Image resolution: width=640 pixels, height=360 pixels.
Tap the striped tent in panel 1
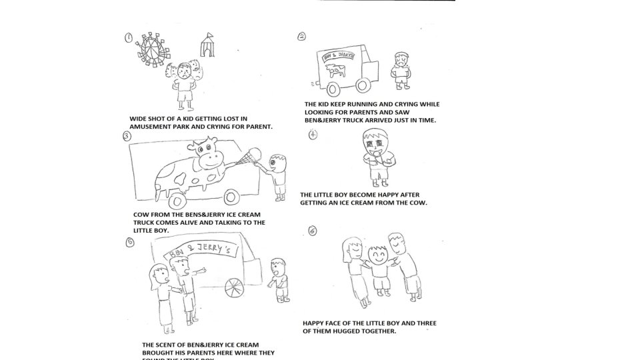pos(208,44)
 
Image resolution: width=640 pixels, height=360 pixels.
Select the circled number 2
pos(302,37)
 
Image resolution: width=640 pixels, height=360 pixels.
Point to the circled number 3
pos(127,136)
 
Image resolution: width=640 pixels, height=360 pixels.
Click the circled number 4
pos(313,135)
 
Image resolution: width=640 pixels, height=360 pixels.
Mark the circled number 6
pos(313,231)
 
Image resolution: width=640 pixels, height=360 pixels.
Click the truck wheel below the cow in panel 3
pos(232,197)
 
